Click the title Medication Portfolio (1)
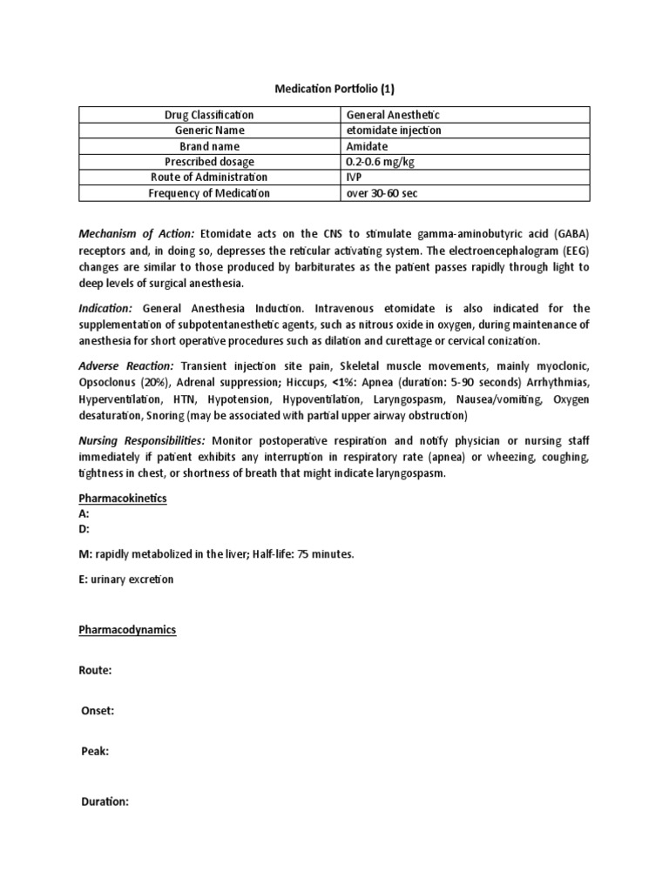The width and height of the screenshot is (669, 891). [x=334, y=89]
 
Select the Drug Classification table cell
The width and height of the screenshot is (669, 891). [x=209, y=115]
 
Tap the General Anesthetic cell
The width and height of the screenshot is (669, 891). [x=393, y=115]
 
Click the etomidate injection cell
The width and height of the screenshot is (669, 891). [x=394, y=131]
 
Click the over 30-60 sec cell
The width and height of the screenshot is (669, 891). [x=382, y=193]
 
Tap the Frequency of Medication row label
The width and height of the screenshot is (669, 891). [x=209, y=193]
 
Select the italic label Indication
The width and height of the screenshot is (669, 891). [x=105, y=308]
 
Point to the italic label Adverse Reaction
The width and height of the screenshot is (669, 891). [x=125, y=367]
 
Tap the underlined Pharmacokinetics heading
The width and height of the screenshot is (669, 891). [x=123, y=499]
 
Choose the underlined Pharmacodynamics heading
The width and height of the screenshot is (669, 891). [x=127, y=629]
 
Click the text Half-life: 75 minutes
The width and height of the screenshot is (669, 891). [x=300, y=555]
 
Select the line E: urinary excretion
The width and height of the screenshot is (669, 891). [x=126, y=579]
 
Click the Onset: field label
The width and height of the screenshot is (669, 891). [x=97, y=711]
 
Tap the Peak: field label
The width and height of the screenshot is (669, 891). [x=94, y=751]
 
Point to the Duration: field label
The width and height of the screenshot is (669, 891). [x=104, y=801]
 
